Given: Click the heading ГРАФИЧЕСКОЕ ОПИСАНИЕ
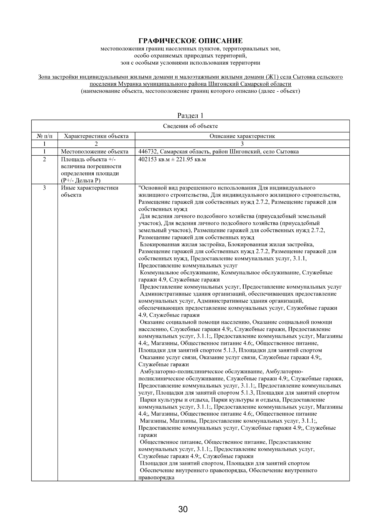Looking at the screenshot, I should pyautogui.click(x=191, y=41).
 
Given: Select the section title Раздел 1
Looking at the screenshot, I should pyautogui.click(x=190, y=116).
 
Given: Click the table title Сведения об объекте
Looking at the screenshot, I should pyautogui.click(x=190, y=126).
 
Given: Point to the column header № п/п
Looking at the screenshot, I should pyautogui.click(x=44, y=136).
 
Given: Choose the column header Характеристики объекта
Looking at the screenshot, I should pyautogui.click(x=96, y=136).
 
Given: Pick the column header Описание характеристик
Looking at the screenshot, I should pyautogui.click(x=242, y=136).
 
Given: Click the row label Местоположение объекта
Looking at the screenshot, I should pyautogui.click(x=95, y=152).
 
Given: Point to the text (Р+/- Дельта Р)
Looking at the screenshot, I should pyautogui.click(x=81, y=181).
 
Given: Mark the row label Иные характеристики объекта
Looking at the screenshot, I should pyautogui.click(x=90, y=191).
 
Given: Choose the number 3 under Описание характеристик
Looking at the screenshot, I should pyautogui.click(x=242, y=144).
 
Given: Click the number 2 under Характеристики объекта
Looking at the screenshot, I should pyautogui.click(x=96, y=144).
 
